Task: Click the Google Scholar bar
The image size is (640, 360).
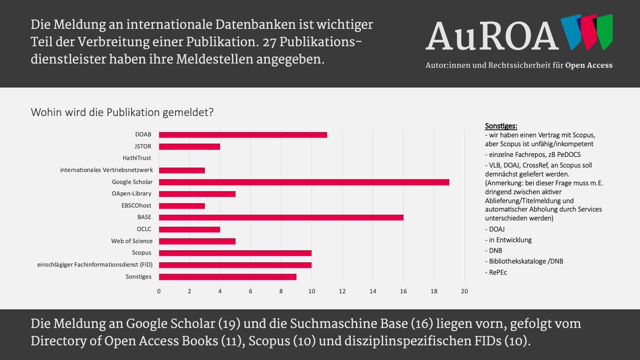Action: coord(304,182)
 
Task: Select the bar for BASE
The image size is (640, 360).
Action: coord(281,218)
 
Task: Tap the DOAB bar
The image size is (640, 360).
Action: coord(243,135)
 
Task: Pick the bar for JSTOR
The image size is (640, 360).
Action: coord(189,147)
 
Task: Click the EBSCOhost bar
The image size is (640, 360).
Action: coord(182,206)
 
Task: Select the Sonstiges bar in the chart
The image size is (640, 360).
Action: coord(228,277)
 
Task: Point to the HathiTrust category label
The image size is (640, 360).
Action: coord(137,158)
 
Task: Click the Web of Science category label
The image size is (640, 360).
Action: coord(132,241)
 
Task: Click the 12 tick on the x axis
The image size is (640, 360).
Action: coord(342,291)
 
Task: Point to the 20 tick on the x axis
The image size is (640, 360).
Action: coord(464,291)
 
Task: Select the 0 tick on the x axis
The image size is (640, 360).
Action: coord(159,291)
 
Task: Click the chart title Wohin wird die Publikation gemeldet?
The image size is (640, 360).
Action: coord(123,113)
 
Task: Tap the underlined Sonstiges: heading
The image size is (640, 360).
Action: coord(501,126)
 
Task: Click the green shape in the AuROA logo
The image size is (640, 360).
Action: coord(604,31)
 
